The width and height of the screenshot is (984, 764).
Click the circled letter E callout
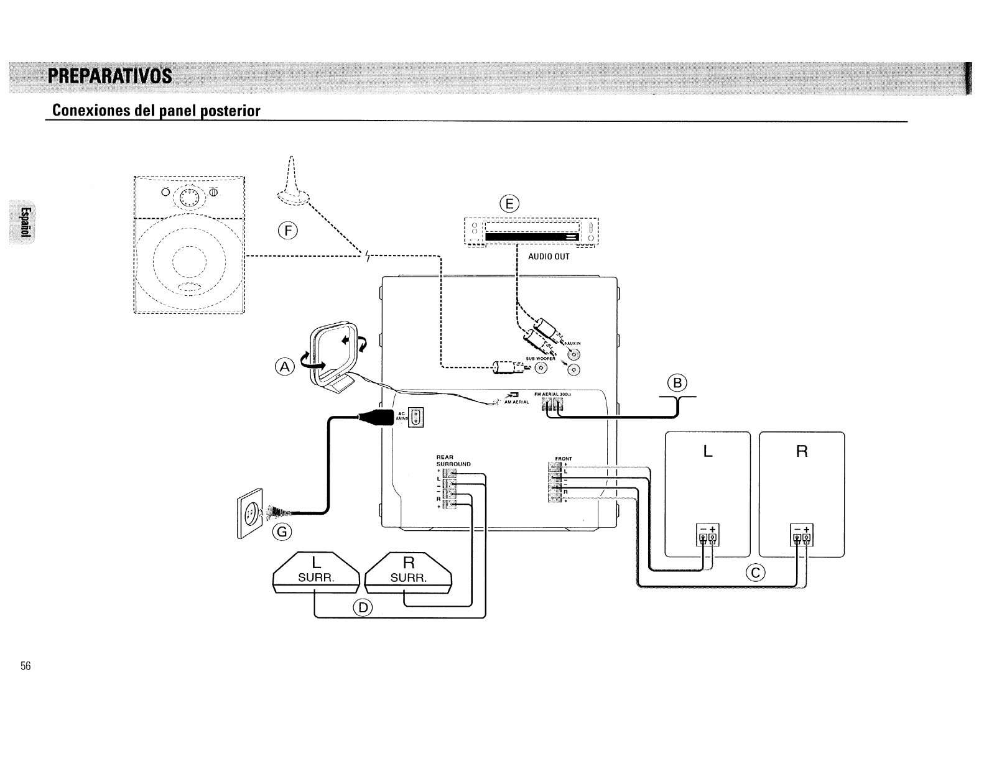509,204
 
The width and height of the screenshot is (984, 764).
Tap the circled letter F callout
288,231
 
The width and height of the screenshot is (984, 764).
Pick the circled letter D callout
361,607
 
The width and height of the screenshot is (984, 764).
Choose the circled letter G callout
282,532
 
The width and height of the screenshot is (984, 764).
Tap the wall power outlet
249,513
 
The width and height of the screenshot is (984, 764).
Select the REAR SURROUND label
453,461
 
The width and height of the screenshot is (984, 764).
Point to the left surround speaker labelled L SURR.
316,572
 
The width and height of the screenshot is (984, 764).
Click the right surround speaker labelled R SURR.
408,572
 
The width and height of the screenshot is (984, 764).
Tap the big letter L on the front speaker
707,451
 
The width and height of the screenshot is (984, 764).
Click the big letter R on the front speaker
802,451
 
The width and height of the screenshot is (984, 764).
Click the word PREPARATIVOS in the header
110,76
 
